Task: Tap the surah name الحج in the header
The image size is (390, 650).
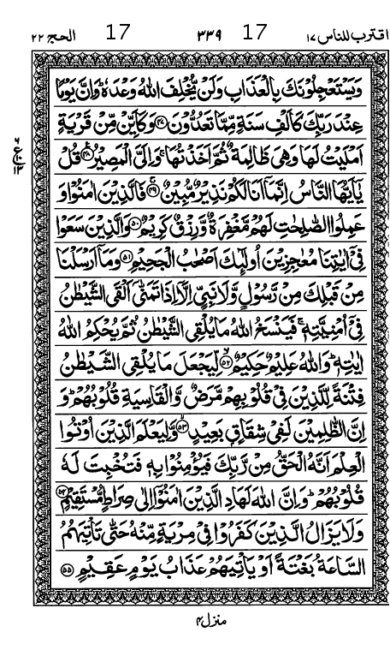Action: point(55,36)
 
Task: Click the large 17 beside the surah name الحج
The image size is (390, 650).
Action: point(117,34)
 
